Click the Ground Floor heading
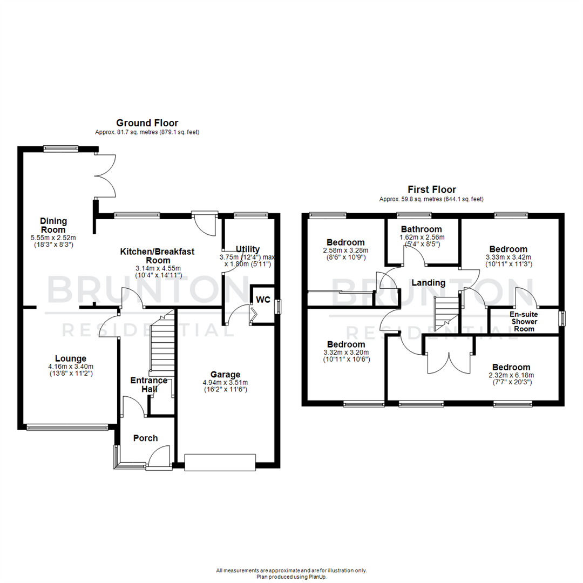[x=147, y=123]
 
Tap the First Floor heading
[x=431, y=189]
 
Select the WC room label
[x=263, y=300]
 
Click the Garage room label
[x=225, y=375]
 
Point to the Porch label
[x=145, y=438]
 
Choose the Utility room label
[x=248, y=248]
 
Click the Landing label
[x=429, y=283]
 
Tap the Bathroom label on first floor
[x=421, y=229]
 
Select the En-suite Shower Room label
[x=524, y=321]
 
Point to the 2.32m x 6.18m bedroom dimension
[x=511, y=376]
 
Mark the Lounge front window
[x=67, y=428]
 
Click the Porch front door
[x=159, y=456]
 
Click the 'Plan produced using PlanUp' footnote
[x=291, y=577]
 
